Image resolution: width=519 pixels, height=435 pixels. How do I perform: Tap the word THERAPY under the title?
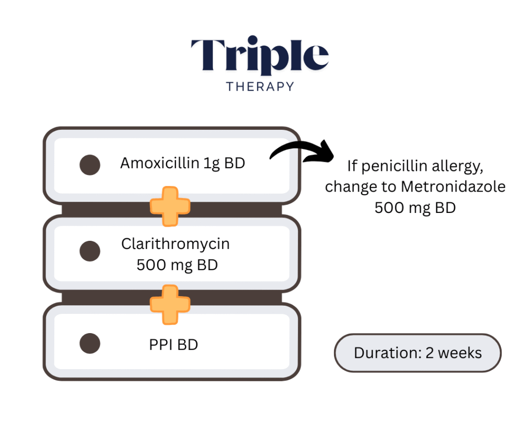tap(260, 87)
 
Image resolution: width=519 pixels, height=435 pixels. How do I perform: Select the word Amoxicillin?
tap(160, 163)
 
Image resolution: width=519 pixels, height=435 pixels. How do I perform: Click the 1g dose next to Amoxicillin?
tap(211, 164)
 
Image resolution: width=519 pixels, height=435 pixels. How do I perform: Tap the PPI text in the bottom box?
tap(161, 345)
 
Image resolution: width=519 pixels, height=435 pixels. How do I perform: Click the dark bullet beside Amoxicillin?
tap(90, 165)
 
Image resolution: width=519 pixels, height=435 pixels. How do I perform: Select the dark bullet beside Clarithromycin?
tap(90, 251)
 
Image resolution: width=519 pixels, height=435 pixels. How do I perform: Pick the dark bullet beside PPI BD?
tap(90, 343)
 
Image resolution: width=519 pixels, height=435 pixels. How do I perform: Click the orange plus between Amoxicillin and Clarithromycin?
tap(170, 206)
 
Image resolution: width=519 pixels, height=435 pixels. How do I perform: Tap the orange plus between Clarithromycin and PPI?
tap(170, 305)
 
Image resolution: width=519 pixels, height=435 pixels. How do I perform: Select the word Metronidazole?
tap(453, 187)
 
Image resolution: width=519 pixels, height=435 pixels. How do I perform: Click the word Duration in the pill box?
tap(388, 353)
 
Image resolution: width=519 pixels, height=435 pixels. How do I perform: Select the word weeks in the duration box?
tap(460, 353)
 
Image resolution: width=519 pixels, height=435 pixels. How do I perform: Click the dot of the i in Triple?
tap(253, 40)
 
